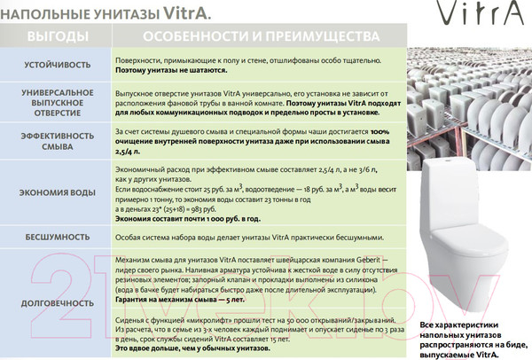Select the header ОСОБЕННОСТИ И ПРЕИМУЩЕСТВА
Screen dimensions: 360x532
tap(262, 37)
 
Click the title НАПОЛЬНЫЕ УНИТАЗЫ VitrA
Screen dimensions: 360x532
tap(98, 12)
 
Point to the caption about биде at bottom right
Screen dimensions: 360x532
tap(475, 340)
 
